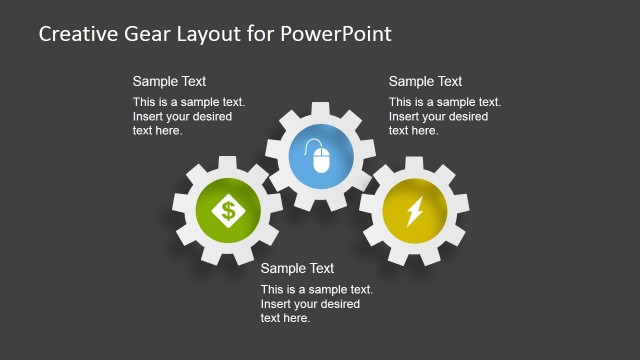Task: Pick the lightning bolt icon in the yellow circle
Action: point(414,211)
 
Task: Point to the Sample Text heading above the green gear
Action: point(169,81)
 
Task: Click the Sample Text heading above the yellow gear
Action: point(425,81)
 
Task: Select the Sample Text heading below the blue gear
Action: point(297,268)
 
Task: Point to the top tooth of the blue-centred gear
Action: point(320,108)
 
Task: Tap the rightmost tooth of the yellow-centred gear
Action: point(464,211)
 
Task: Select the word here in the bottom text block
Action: point(298,318)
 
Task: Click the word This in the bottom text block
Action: point(272,290)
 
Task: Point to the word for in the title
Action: point(257,34)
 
